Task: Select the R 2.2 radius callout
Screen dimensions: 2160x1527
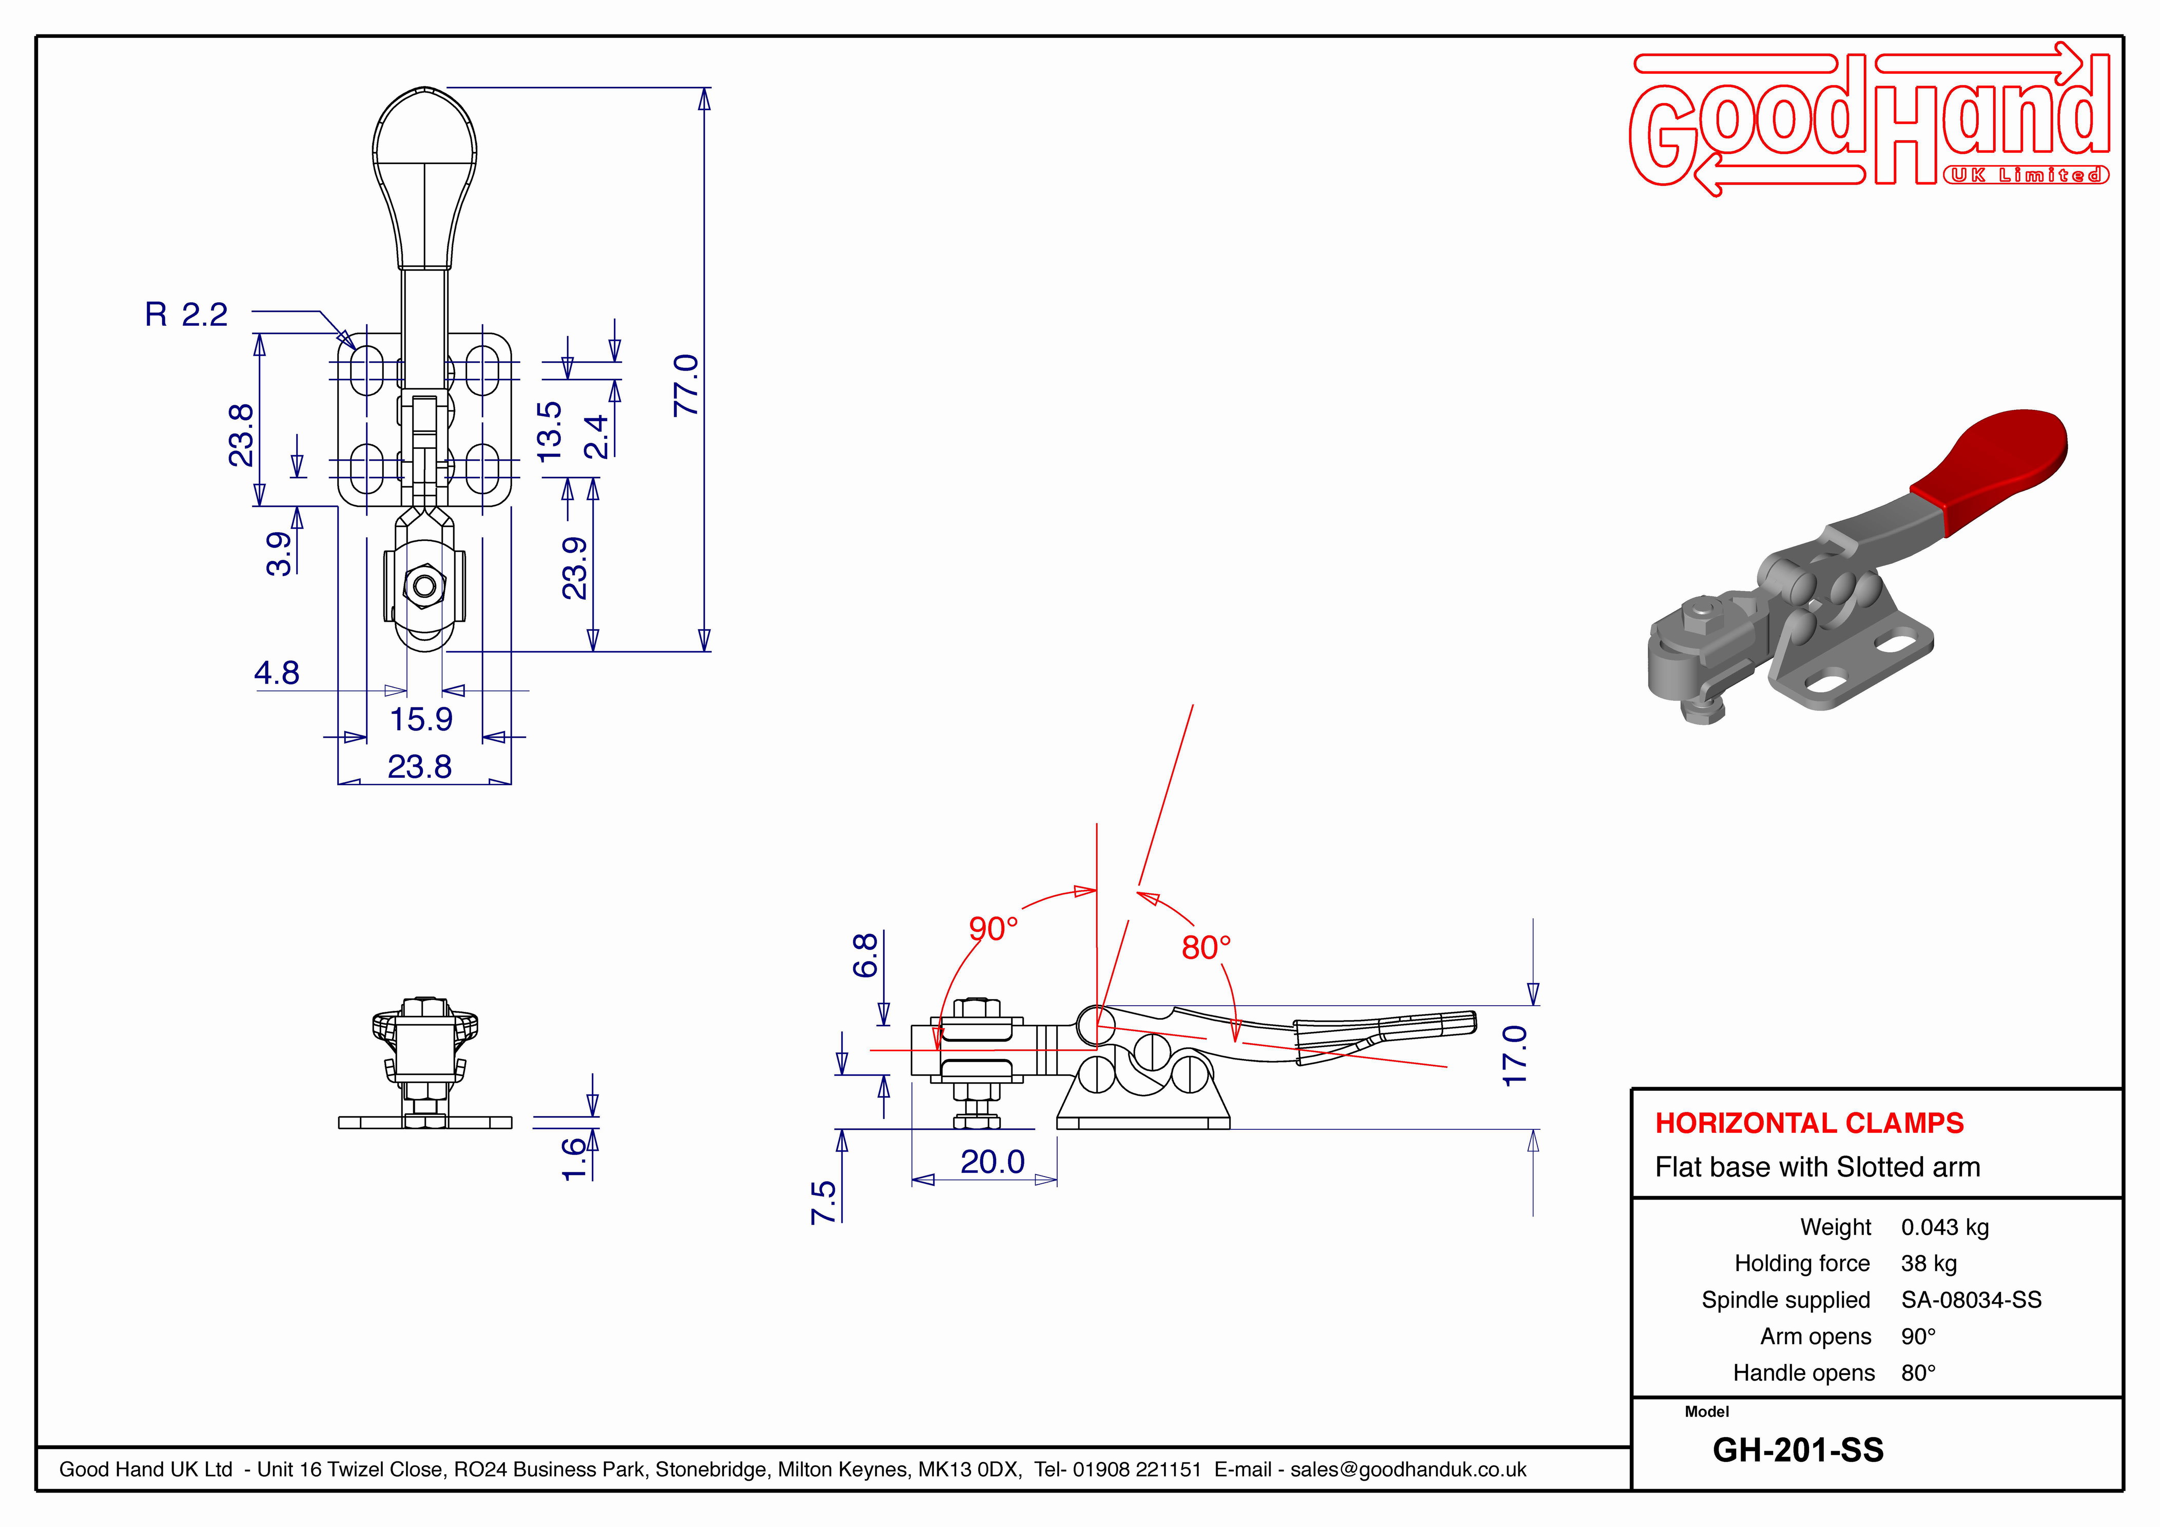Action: [186, 314]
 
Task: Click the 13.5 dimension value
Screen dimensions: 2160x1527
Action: [550, 431]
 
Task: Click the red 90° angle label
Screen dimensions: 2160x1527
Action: [994, 929]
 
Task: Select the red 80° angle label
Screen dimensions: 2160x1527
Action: [1206, 947]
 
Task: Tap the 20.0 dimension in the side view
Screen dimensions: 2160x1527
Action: [993, 1162]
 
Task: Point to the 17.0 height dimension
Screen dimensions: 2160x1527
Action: [1514, 1055]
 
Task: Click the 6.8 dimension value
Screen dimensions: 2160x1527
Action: [866, 956]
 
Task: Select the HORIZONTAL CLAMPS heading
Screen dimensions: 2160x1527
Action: [1809, 1123]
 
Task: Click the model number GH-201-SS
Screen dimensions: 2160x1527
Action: [1798, 1451]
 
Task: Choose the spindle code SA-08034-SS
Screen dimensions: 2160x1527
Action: [1971, 1300]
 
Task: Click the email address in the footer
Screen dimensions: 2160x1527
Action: [1408, 1470]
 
